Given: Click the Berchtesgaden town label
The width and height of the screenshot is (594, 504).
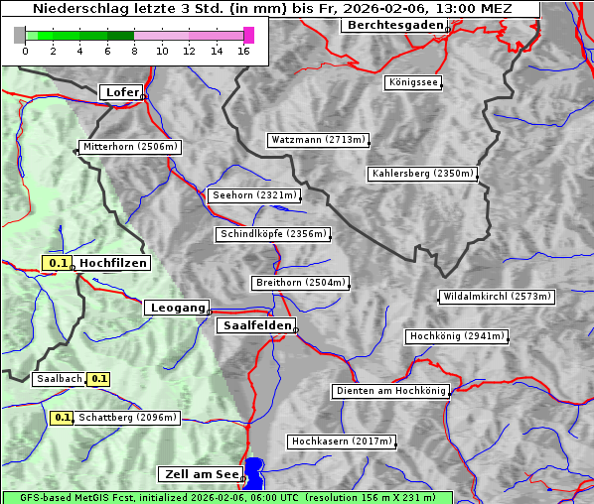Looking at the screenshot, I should [x=393, y=25].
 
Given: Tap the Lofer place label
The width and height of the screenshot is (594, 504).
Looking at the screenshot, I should [x=121, y=92].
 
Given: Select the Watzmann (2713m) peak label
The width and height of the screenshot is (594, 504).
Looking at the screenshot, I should [x=318, y=140].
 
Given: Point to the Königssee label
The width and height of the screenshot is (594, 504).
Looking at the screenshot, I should [x=413, y=82].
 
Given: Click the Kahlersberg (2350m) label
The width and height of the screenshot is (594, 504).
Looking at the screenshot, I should [x=422, y=174].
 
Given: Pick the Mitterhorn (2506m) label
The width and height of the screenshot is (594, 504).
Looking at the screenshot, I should [x=130, y=147].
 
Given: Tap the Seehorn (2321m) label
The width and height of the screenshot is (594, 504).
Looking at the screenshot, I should [x=254, y=195].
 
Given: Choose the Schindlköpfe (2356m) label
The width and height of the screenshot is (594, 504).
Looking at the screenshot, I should [x=271, y=234].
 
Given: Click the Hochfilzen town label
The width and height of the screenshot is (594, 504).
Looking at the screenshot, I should [x=113, y=263].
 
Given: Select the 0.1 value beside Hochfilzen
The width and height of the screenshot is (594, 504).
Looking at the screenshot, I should [x=58, y=263].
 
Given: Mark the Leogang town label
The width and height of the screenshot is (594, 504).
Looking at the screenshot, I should [x=179, y=308].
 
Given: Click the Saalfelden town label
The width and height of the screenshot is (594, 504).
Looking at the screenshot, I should [x=256, y=325].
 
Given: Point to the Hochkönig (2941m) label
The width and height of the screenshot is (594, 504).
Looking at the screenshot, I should [x=457, y=336].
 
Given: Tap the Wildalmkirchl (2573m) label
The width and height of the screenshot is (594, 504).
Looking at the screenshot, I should [x=497, y=297].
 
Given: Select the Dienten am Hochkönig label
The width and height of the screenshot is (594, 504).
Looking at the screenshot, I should [x=389, y=391].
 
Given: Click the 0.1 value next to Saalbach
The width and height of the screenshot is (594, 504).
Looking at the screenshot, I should [x=98, y=379].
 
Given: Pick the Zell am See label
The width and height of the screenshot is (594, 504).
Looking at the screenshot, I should [x=200, y=474].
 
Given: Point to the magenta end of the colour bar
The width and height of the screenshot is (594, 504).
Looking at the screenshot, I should [x=248, y=35].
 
